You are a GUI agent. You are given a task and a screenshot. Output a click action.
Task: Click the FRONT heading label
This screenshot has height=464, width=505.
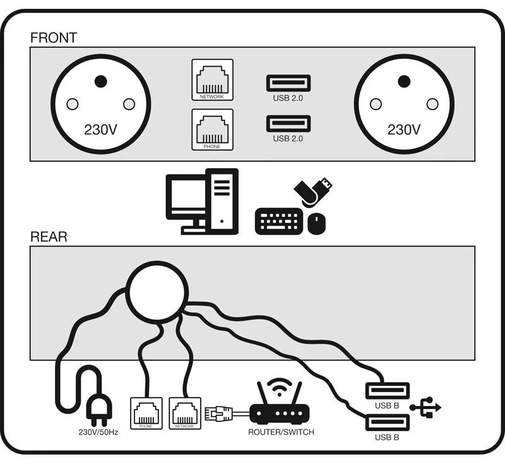click(x=54, y=37)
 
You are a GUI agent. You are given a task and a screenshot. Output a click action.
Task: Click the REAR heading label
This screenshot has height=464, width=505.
click(x=49, y=237)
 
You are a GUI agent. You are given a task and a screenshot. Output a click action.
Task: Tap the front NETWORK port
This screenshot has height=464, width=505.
click(x=212, y=78)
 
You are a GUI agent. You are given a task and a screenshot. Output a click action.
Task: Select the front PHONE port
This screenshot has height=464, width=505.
click(x=212, y=129)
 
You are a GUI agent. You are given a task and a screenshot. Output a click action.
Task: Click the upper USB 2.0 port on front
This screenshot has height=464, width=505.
click(x=288, y=83)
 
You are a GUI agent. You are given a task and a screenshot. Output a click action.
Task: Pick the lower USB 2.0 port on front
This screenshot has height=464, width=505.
click(x=288, y=123)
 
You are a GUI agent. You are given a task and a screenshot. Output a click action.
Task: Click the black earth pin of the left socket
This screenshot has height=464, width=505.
click(x=100, y=81)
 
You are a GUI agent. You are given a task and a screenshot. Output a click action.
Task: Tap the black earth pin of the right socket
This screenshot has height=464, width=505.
click(x=404, y=81)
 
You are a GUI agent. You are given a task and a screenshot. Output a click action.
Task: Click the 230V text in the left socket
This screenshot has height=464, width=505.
click(x=101, y=130)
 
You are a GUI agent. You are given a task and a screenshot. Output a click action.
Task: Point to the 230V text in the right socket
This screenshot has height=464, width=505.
click(x=404, y=130)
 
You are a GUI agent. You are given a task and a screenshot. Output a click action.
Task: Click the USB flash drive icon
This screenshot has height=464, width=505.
click(x=313, y=192)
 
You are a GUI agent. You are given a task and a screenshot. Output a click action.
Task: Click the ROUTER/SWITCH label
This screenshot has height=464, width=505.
click(x=281, y=432)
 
